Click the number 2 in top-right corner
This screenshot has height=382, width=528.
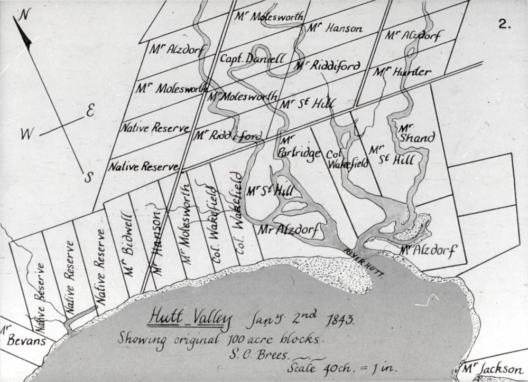tap(505, 25)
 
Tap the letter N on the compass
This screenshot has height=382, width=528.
tap(23, 15)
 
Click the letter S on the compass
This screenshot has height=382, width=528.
tap(88, 178)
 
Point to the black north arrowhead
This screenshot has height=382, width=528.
tap(24, 36)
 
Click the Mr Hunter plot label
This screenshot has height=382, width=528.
tap(402, 72)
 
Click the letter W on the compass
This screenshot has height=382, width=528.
tap(26, 135)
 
